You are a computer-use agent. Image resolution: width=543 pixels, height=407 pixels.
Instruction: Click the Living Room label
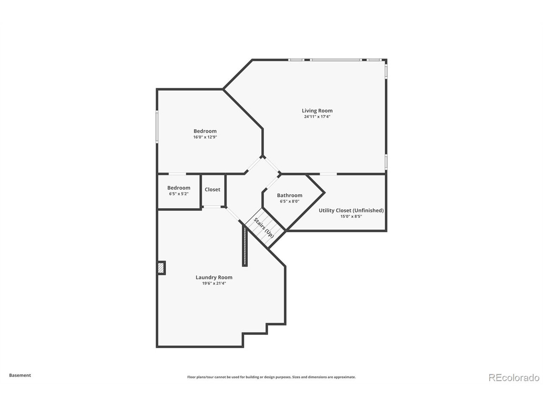(x=317, y=111)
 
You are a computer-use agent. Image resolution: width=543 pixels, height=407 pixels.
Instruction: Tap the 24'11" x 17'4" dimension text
(x=317, y=117)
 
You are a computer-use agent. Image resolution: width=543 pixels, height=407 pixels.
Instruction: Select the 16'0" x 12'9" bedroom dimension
(x=205, y=137)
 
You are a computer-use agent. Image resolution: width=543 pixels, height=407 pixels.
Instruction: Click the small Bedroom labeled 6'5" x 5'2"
(x=179, y=188)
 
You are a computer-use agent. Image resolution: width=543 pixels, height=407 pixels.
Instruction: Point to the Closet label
(x=212, y=190)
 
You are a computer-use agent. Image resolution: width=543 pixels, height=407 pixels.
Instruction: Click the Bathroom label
(x=289, y=195)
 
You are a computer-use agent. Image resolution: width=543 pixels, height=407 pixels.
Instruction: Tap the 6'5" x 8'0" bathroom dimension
(x=289, y=201)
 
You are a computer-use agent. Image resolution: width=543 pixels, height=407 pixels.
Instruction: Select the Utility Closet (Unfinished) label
(x=351, y=210)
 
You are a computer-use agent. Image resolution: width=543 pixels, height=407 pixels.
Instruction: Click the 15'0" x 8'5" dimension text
(x=351, y=216)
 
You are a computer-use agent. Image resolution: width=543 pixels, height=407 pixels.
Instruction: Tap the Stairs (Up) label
(x=263, y=227)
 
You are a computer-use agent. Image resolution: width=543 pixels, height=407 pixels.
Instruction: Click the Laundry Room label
(x=214, y=277)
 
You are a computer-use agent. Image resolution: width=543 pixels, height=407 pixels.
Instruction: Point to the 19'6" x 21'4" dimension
(x=214, y=284)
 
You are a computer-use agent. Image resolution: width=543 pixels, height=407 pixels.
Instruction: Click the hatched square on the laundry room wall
(x=161, y=268)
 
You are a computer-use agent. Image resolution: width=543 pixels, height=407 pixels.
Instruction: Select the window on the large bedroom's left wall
(x=157, y=126)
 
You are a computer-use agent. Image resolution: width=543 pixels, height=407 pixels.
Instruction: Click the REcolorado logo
(x=514, y=377)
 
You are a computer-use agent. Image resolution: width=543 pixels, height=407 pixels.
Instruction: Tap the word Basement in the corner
(x=20, y=375)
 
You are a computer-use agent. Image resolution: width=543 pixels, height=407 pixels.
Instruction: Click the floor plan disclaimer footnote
(x=271, y=377)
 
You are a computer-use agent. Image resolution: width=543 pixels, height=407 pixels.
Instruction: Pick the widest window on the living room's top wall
(x=336, y=60)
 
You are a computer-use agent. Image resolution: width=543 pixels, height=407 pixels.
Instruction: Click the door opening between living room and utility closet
(x=328, y=174)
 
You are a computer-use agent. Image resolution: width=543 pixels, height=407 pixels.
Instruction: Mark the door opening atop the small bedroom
(x=177, y=174)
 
